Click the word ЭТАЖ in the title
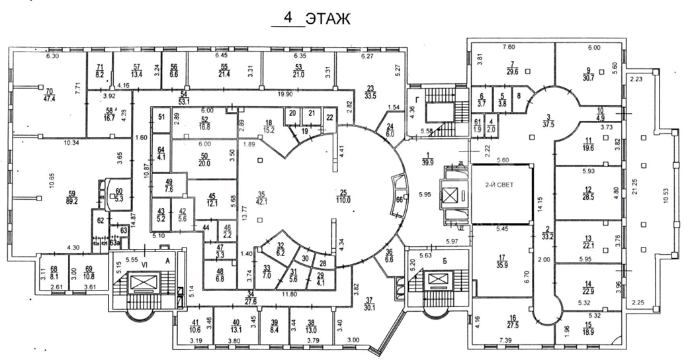pyautogui.click(x=328, y=19)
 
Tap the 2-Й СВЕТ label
pyautogui.click(x=501, y=185)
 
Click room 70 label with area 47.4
pyautogui.click(x=49, y=96)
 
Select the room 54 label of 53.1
pyautogui.click(x=184, y=99)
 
